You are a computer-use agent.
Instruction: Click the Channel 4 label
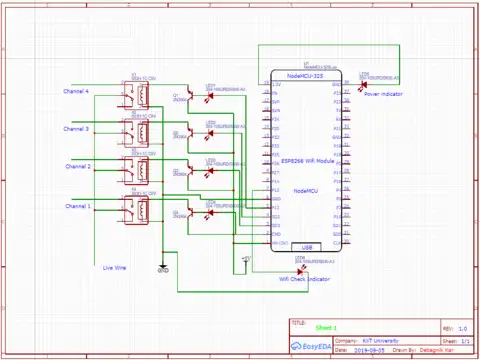click(76, 92)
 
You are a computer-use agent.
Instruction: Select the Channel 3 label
click(76, 129)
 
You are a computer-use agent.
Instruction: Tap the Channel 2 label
click(78, 166)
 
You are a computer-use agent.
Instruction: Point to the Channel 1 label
click(78, 205)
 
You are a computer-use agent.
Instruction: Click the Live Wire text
click(114, 267)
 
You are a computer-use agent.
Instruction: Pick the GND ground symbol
click(163, 268)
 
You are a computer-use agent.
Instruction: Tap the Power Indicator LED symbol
click(363, 85)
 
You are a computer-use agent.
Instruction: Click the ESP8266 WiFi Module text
click(307, 159)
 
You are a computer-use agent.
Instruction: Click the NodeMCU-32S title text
click(304, 76)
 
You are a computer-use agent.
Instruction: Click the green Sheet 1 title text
click(327, 328)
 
